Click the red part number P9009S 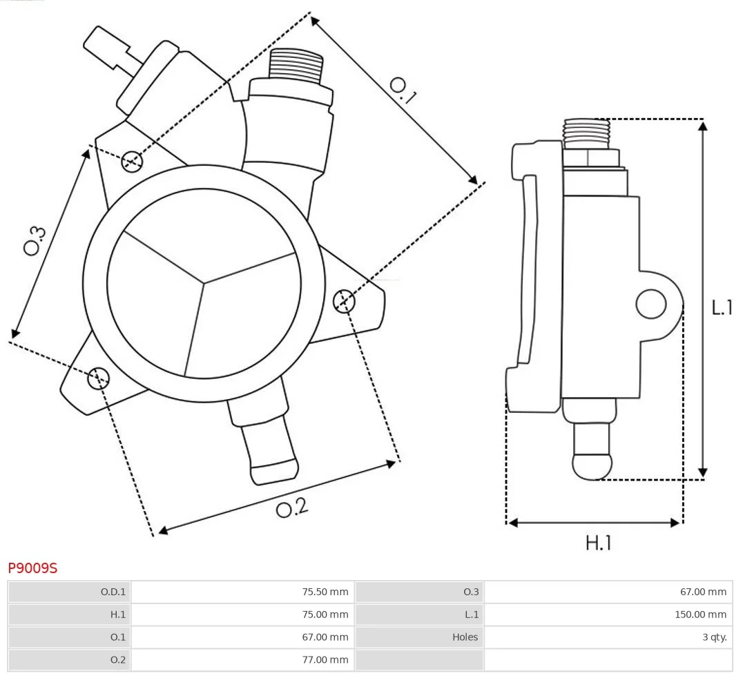coord(32,568)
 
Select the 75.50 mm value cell coord(325,592)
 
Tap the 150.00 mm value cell coord(700,615)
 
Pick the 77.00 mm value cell coord(325,660)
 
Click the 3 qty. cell coord(714,637)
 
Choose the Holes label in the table coord(465,637)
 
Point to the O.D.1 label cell coord(113,592)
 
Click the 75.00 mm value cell coord(325,615)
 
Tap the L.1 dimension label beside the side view coord(722,307)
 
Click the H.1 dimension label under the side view coord(598,543)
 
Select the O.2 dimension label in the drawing coord(291,510)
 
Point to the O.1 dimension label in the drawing coord(403,90)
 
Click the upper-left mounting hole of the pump coord(131,162)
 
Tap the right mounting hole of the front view coord(343,301)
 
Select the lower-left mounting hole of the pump coord(98,378)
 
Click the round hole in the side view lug coord(650,304)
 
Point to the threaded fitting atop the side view coord(586,133)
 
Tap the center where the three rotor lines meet coord(204,282)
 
